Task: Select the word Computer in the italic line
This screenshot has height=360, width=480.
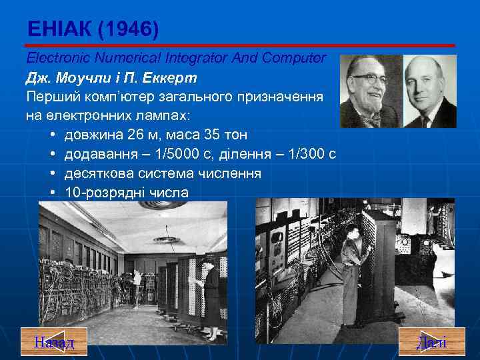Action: pyautogui.click(x=297, y=58)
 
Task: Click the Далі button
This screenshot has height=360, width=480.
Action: pyautogui.click(x=431, y=342)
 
